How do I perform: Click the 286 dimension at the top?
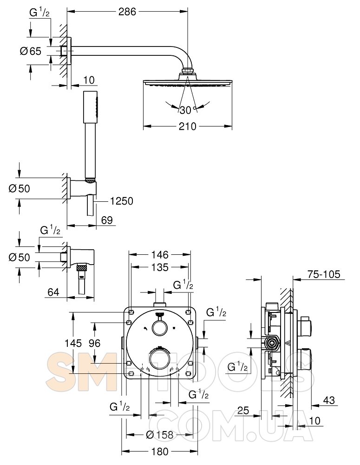click(127, 12)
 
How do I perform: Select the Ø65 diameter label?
click(31, 51)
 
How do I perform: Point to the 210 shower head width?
click(187, 126)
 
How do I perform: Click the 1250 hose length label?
click(122, 201)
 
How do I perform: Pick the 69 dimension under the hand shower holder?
click(107, 220)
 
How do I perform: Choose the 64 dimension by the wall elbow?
click(53, 292)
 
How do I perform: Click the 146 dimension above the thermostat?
click(160, 254)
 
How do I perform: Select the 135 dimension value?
click(160, 267)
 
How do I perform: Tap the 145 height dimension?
click(73, 343)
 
